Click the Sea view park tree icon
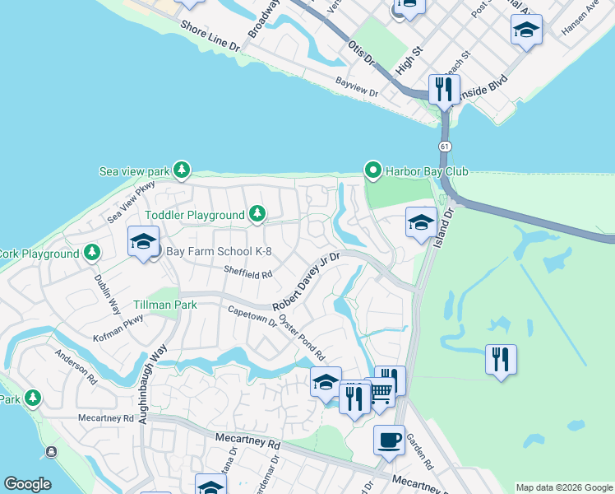point(182,171)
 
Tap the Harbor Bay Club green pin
point(372,171)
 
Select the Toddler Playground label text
point(195,215)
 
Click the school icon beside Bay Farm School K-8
point(143,242)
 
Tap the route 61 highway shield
point(445,146)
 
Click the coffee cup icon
point(388,439)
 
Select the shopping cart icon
point(380,392)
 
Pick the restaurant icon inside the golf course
point(501,360)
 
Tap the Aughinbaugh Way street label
point(155,383)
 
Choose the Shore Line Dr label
point(210,37)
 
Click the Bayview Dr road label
point(357,87)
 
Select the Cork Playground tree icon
point(92,252)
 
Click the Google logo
point(27,484)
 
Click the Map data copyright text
point(564,487)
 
